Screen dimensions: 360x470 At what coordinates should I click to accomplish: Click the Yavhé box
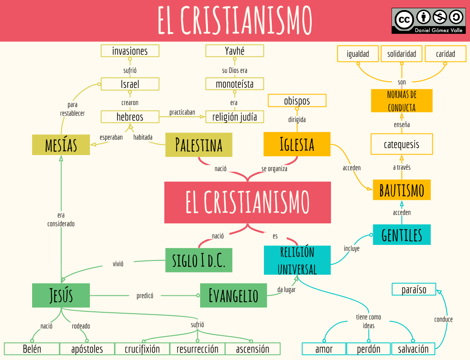(x=235, y=50)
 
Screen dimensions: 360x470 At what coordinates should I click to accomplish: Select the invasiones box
(x=130, y=50)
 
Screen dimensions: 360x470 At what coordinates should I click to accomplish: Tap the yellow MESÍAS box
(x=61, y=144)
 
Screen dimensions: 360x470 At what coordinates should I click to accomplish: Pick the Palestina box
(x=199, y=144)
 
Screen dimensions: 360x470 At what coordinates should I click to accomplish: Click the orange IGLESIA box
(x=297, y=144)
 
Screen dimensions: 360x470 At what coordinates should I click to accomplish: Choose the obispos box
(x=297, y=100)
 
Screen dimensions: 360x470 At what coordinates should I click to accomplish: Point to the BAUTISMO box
(x=402, y=189)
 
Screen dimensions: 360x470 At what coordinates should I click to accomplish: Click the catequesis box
(x=402, y=144)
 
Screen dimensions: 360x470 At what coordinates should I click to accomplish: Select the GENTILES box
(x=402, y=235)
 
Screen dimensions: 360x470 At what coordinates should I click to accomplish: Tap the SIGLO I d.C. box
(x=199, y=260)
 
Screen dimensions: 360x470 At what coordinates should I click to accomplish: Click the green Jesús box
(x=61, y=295)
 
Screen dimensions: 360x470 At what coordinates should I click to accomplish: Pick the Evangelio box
(x=233, y=295)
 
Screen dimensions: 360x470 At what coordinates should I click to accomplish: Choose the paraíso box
(x=414, y=289)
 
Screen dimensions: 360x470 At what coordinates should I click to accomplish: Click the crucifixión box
(x=142, y=349)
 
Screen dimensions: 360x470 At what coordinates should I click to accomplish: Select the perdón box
(x=368, y=349)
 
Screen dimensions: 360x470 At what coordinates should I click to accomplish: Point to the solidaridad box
(x=402, y=54)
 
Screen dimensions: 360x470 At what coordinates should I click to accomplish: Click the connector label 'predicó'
(x=145, y=296)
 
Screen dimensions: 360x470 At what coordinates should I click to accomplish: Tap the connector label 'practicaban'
(x=182, y=112)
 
